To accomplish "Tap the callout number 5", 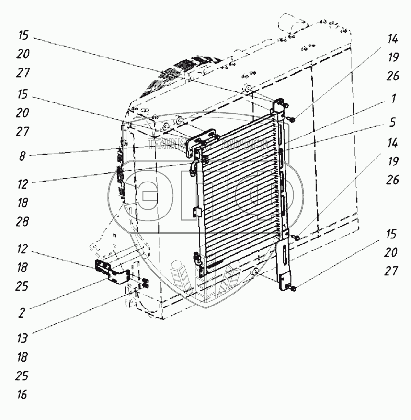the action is click(393, 122).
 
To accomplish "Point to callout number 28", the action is click(23, 222).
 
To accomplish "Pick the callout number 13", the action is click(23, 338).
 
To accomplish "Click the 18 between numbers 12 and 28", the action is click(23, 203).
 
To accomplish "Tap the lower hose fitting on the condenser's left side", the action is click(197, 259).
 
